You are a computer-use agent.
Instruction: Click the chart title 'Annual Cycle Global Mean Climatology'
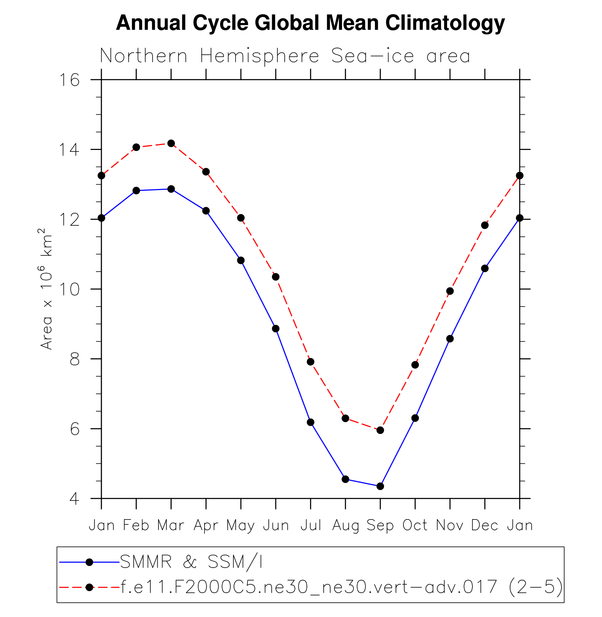310,23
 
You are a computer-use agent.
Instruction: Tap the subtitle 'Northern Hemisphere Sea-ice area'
285,56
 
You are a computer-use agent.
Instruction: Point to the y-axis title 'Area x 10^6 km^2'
46,289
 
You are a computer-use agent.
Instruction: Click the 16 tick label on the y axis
69,80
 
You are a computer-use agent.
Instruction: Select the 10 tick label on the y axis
69,289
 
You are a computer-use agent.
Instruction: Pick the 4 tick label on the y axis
74,499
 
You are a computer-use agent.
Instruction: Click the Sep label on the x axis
380,526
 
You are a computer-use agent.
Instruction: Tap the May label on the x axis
240,526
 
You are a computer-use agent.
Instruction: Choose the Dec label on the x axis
485,526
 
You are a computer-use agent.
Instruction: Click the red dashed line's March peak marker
171,143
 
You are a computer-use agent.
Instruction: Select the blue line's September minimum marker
380,486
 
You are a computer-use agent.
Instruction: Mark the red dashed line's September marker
380,430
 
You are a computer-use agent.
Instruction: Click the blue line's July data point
311,422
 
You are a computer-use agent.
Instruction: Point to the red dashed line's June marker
276,277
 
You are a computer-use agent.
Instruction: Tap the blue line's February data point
136,190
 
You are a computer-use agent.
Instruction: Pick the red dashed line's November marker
450,291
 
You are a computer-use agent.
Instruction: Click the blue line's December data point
485,269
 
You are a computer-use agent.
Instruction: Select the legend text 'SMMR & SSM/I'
191,562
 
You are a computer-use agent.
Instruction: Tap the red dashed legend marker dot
89,587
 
